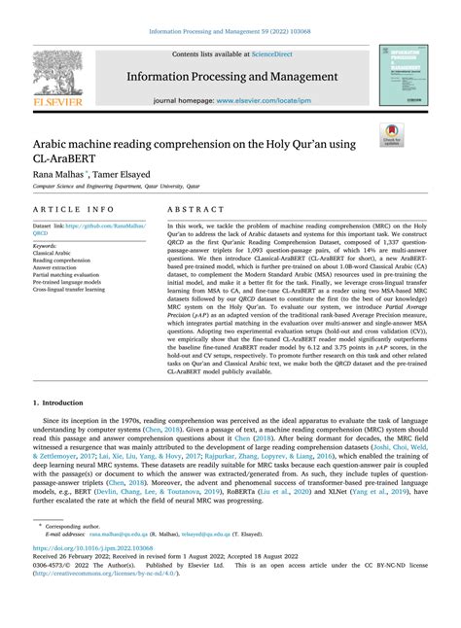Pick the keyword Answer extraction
point(59,267)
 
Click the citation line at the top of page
point(230,29)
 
